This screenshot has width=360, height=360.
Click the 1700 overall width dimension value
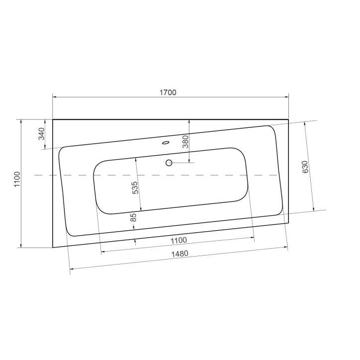[169, 92]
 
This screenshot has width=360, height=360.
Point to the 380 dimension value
[185, 143]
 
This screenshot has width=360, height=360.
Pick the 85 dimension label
[133, 217]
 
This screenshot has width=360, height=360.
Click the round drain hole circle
[169, 163]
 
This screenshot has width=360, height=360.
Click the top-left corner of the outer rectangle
[53, 120]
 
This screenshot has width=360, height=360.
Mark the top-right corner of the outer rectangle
[288, 120]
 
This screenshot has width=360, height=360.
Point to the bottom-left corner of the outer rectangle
[53, 247]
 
